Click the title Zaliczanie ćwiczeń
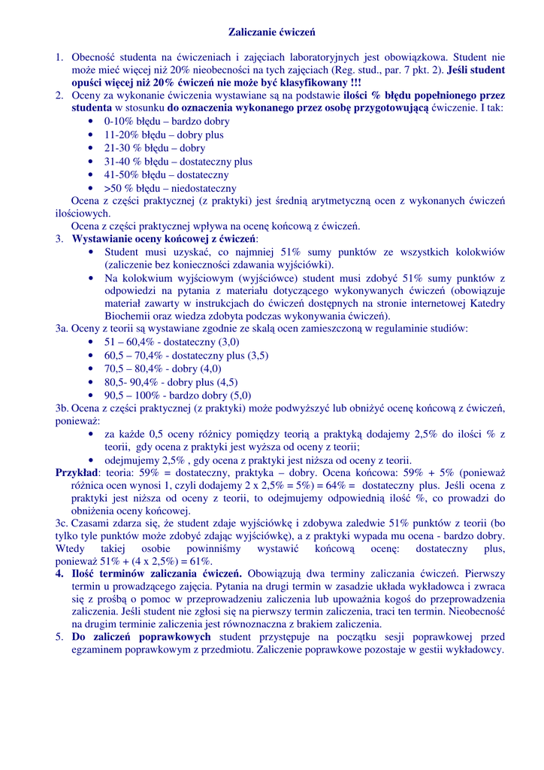(x=271, y=33)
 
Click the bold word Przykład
(x=77, y=473)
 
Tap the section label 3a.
(x=62, y=329)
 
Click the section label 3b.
(x=62, y=408)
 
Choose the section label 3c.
(x=62, y=523)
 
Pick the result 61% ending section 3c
(x=201, y=562)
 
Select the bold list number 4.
(x=60, y=574)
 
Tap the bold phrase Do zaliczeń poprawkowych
(x=141, y=637)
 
